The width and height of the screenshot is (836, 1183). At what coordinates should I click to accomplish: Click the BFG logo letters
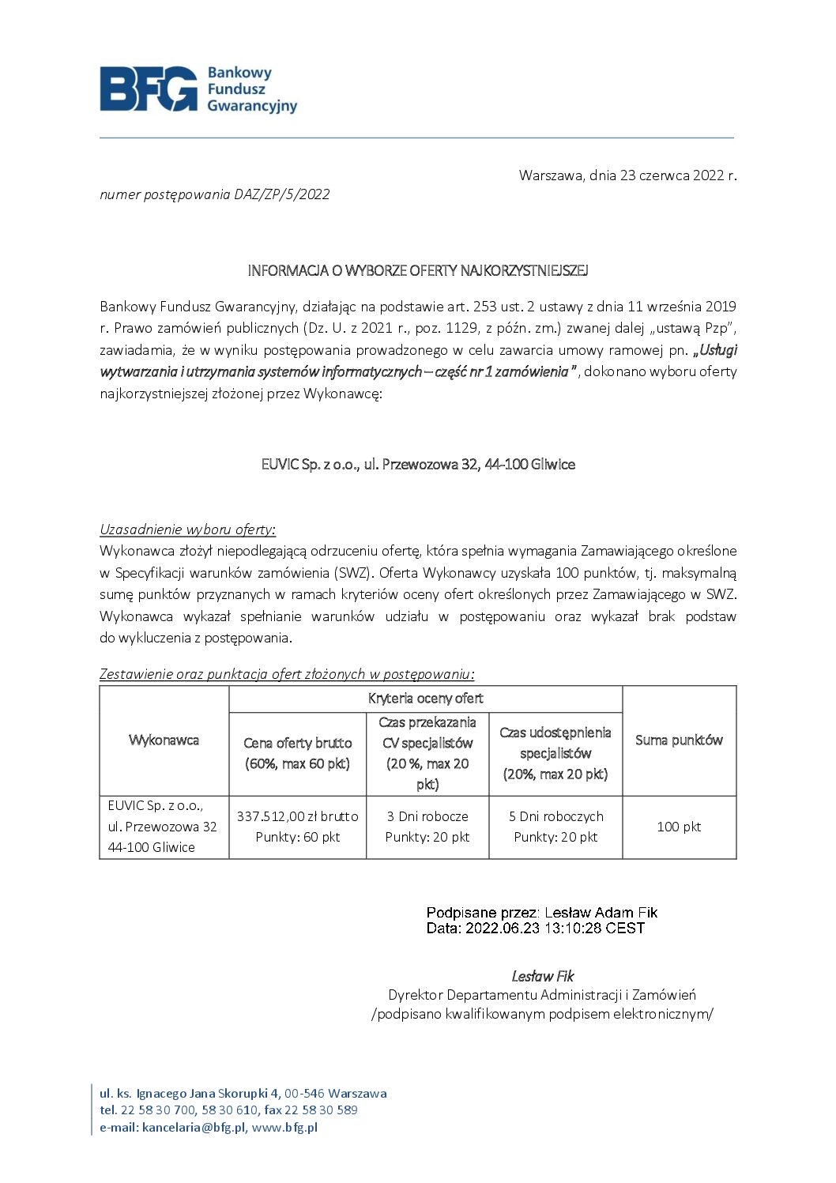[x=148, y=89]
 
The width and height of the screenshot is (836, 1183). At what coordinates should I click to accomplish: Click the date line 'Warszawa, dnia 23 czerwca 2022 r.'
[x=627, y=175]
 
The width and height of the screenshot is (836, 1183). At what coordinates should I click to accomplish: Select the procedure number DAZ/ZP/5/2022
[x=281, y=194]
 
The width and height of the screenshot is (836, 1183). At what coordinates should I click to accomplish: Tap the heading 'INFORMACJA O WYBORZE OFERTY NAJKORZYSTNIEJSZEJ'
[x=418, y=270]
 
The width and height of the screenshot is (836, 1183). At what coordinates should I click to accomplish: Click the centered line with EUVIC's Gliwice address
[x=418, y=464]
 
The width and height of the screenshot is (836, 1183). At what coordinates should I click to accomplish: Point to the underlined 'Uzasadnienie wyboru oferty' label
[x=186, y=529]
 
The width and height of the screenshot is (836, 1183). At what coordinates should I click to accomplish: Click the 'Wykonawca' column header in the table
[x=164, y=740]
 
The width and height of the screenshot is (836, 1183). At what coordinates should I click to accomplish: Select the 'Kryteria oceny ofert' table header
[x=425, y=699]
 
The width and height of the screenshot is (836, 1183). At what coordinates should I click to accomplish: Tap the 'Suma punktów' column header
[x=679, y=740]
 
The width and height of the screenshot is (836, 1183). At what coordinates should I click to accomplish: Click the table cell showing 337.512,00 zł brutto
[x=297, y=816]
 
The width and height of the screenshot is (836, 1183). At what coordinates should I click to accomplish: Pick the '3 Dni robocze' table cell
[x=427, y=816]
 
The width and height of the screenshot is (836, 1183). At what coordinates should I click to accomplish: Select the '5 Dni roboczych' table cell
[x=555, y=816]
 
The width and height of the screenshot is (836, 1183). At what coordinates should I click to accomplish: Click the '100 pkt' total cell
[x=679, y=827]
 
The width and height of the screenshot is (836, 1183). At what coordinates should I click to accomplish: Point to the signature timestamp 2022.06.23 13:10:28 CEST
[x=555, y=929]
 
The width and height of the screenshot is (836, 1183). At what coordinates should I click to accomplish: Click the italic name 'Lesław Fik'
[x=542, y=976]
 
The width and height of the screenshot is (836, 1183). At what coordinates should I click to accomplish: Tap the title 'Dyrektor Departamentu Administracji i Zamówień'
[x=542, y=995]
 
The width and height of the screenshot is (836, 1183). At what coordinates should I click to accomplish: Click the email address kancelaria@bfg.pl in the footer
[x=194, y=1128]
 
